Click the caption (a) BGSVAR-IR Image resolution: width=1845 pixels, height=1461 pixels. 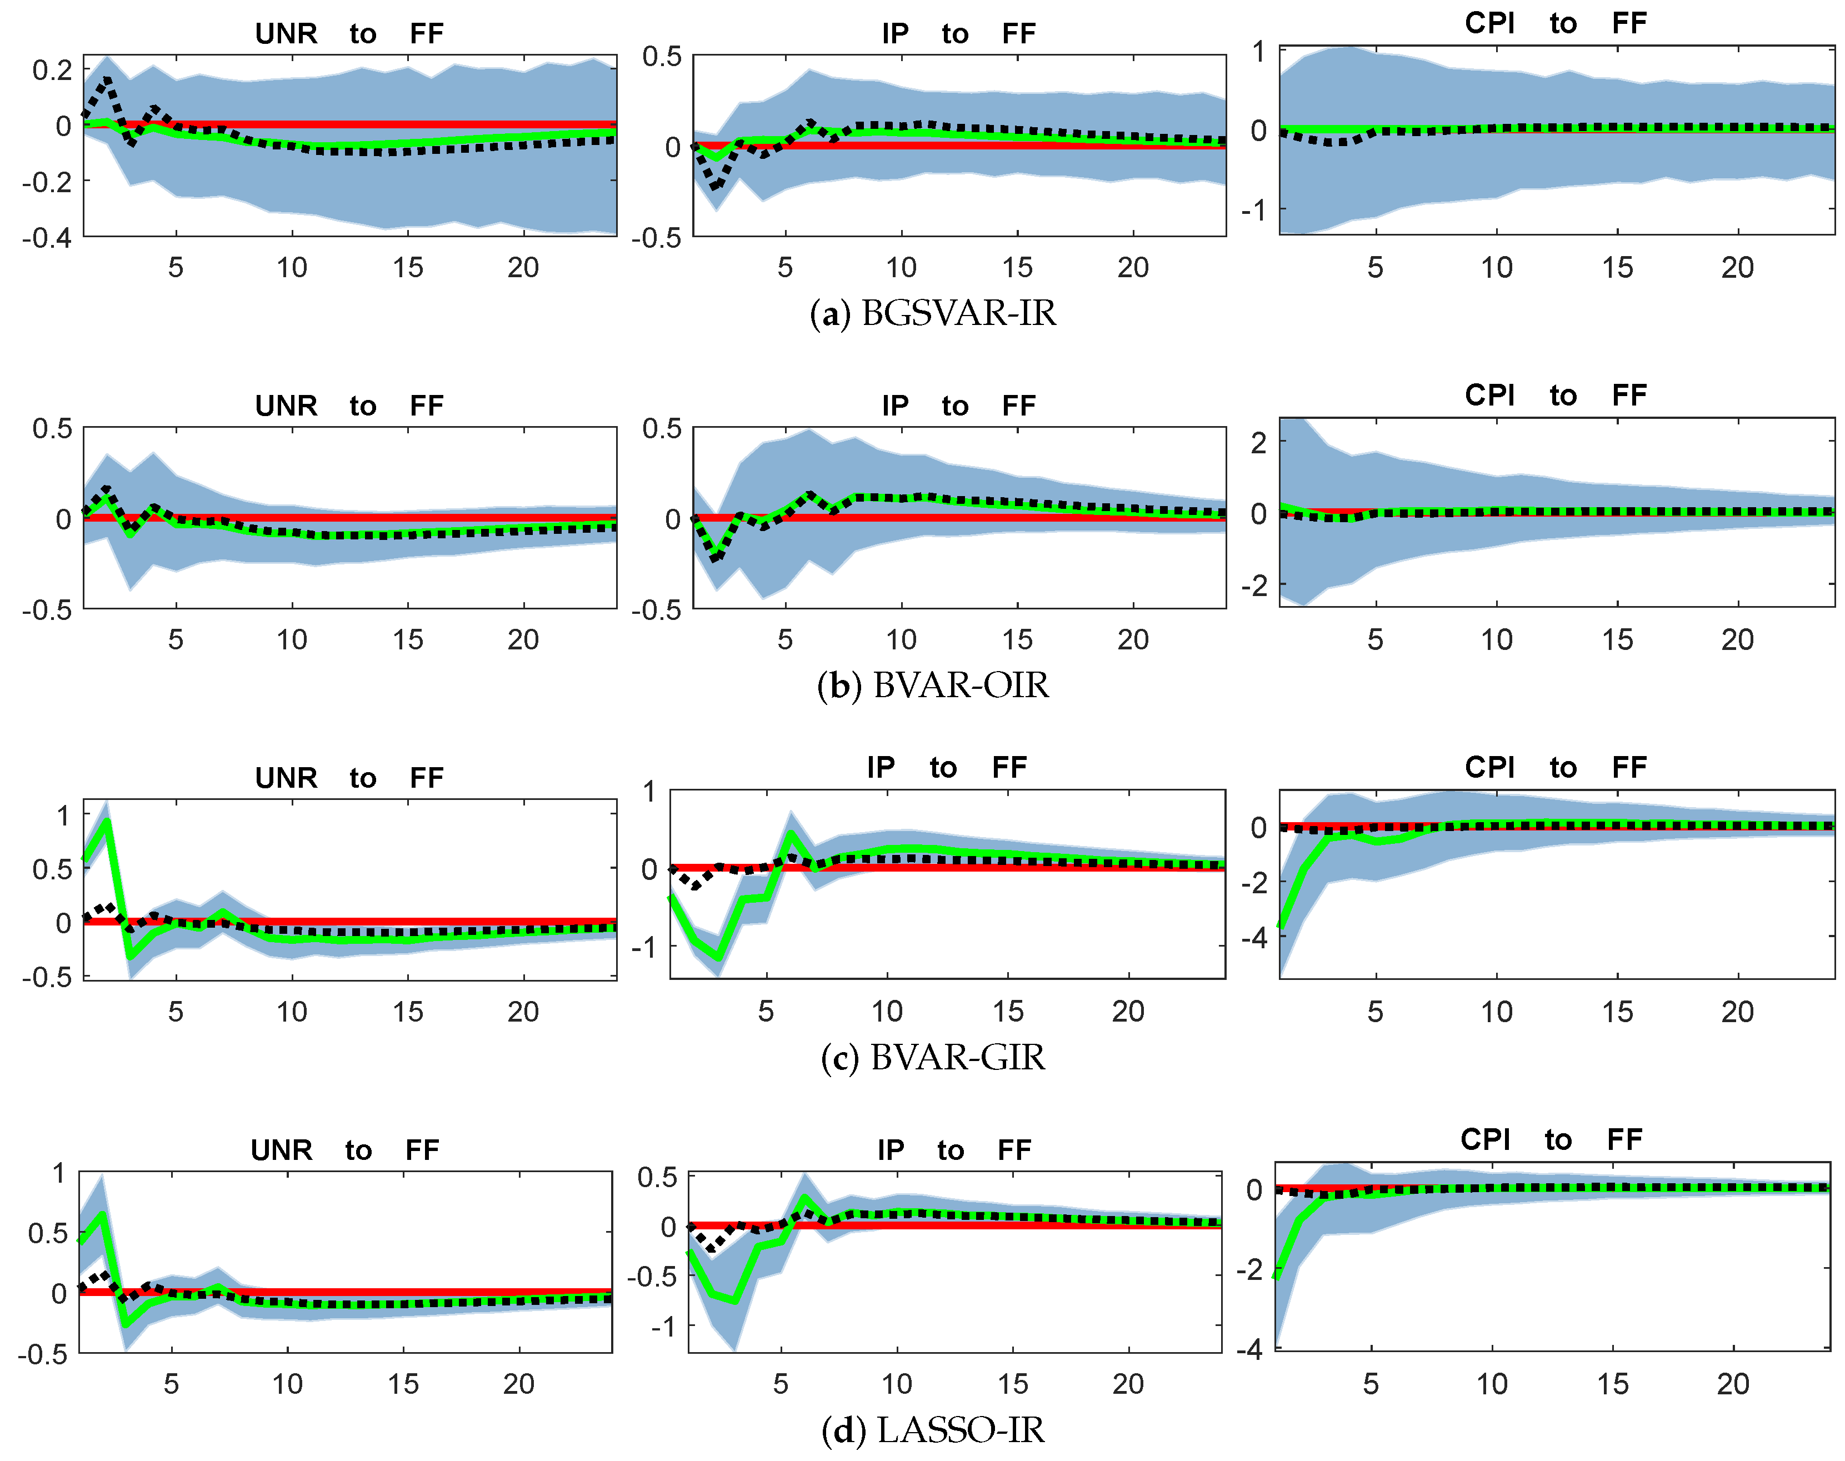(x=932, y=313)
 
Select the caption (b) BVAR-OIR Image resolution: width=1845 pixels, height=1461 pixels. (x=932, y=685)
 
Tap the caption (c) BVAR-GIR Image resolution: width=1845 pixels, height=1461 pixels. (x=932, y=1057)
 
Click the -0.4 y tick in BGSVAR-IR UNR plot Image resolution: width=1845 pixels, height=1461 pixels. (x=47, y=237)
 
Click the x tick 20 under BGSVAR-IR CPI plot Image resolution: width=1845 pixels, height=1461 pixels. (x=1737, y=268)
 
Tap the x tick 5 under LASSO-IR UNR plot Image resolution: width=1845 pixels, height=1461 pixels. (x=171, y=1383)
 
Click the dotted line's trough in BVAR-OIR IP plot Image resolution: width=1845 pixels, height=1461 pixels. (x=717, y=558)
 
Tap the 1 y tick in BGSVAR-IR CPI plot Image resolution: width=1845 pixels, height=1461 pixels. (x=1258, y=52)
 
